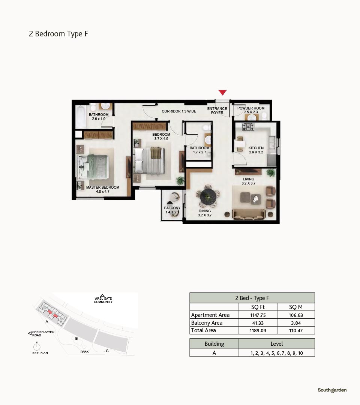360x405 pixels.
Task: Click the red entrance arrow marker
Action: click(x=223, y=92)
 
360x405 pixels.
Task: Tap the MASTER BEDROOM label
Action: click(x=103, y=187)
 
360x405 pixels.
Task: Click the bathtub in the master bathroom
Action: click(x=81, y=117)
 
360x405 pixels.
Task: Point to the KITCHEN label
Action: click(x=256, y=148)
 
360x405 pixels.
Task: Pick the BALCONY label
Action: click(x=172, y=208)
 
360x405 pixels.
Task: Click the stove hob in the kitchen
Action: click(x=248, y=127)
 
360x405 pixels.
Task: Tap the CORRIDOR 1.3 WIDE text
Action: click(x=179, y=111)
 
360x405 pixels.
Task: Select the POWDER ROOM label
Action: click(x=251, y=108)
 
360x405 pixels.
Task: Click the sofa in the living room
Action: click(x=249, y=214)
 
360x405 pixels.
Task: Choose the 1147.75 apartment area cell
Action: click(x=258, y=315)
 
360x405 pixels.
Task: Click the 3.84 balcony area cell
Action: click(x=296, y=323)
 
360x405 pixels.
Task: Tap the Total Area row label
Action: click(x=204, y=330)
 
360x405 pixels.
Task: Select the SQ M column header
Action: click(x=296, y=307)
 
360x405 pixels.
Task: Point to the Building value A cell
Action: click(x=214, y=353)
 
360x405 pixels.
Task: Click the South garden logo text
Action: click(x=332, y=390)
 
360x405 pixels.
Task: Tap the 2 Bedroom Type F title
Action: click(x=58, y=34)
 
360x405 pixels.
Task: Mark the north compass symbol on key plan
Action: click(x=37, y=346)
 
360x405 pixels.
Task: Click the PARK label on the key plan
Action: click(x=84, y=352)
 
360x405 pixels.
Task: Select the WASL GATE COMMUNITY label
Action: click(x=103, y=300)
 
